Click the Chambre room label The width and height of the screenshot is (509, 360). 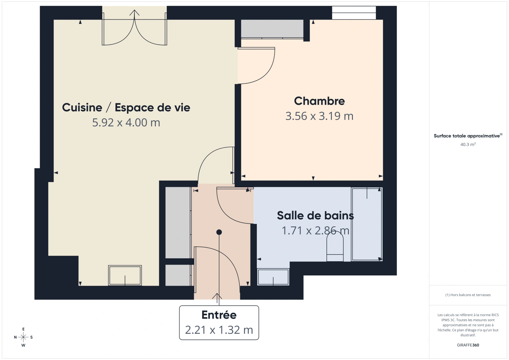[319, 101]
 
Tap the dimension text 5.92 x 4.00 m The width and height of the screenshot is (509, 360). [126, 123]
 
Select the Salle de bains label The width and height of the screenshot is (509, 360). [315, 216]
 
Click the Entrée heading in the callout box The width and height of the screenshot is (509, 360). [219, 315]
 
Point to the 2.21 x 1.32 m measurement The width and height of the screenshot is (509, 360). [219, 330]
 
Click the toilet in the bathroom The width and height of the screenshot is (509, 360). [335, 247]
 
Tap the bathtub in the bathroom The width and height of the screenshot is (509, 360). [367, 224]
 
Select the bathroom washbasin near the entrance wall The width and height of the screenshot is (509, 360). [273, 277]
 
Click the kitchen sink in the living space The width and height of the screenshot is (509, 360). [125, 275]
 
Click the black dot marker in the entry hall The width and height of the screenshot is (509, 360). [219, 232]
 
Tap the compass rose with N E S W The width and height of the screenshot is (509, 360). [23, 337]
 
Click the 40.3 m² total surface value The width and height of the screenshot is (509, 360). [468, 145]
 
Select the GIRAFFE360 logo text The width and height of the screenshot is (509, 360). [468, 345]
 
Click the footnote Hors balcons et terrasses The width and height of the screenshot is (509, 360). [468, 295]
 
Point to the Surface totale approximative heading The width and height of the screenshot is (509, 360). [467, 136]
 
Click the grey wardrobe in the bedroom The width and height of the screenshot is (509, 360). [272, 29]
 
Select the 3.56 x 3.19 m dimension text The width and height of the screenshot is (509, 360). [319, 116]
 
